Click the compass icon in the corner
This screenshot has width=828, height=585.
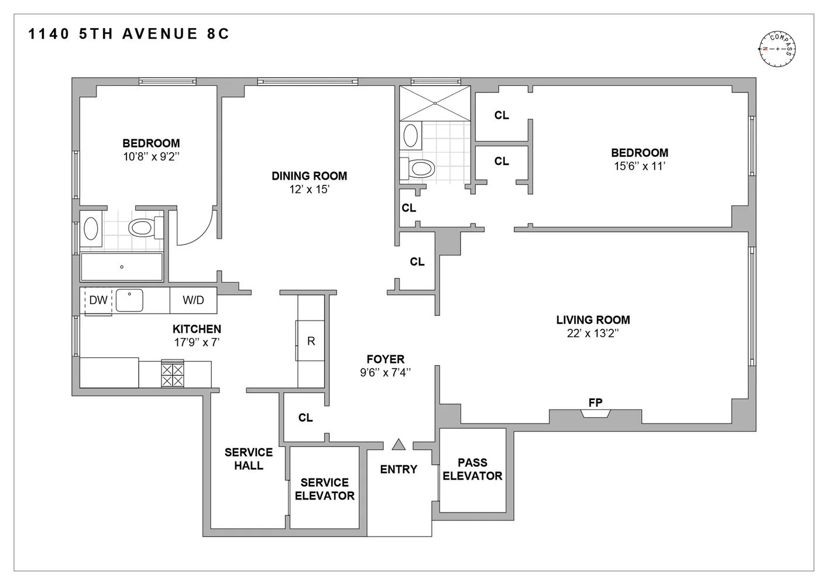pos(777,49)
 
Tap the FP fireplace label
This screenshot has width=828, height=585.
pos(595,402)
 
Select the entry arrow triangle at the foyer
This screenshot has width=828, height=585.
pos(398,444)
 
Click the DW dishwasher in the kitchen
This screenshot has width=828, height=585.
pos(98,301)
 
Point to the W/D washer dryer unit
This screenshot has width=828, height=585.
pos(193,300)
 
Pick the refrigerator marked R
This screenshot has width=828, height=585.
pos(311,340)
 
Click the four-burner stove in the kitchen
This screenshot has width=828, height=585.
pos(172,374)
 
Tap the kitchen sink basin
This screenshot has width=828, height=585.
pos(129,301)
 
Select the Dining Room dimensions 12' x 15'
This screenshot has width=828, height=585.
pos(310,190)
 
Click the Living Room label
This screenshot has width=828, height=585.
pos(593,320)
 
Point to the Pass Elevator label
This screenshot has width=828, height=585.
pos(472,469)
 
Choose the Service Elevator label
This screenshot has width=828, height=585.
pos(325,489)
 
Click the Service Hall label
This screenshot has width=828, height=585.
pos(249,459)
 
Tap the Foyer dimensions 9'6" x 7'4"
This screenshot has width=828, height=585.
pos(386,373)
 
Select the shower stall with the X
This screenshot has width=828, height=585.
pos(435,103)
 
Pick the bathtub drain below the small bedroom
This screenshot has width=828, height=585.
pos(122,267)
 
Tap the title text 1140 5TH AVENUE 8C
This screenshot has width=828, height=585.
pos(129,34)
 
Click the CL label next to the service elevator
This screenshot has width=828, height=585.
pos(305,418)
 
